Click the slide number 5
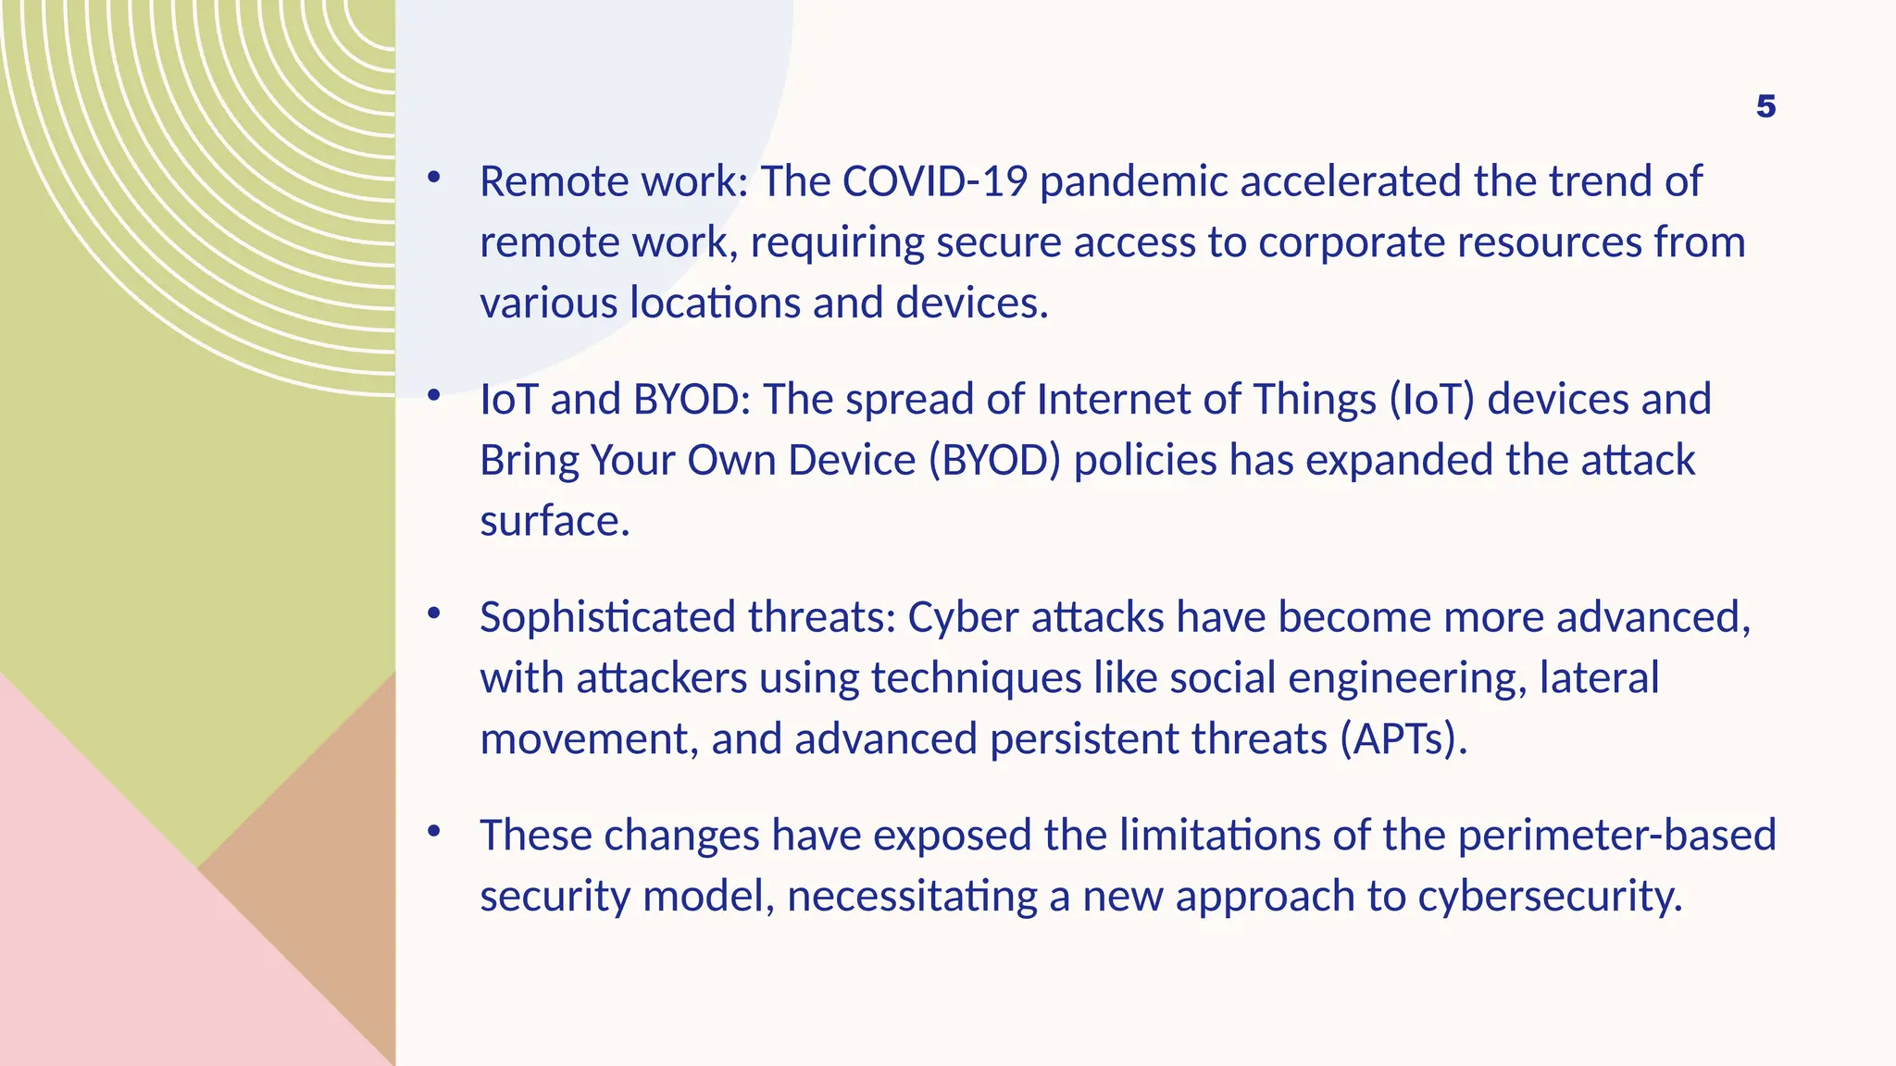(x=1765, y=106)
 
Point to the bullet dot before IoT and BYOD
(x=433, y=395)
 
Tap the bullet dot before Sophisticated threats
(x=433, y=613)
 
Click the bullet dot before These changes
(x=433, y=831)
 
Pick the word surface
(x=554, y=522)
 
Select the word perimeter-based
(x=1616, y=836)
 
